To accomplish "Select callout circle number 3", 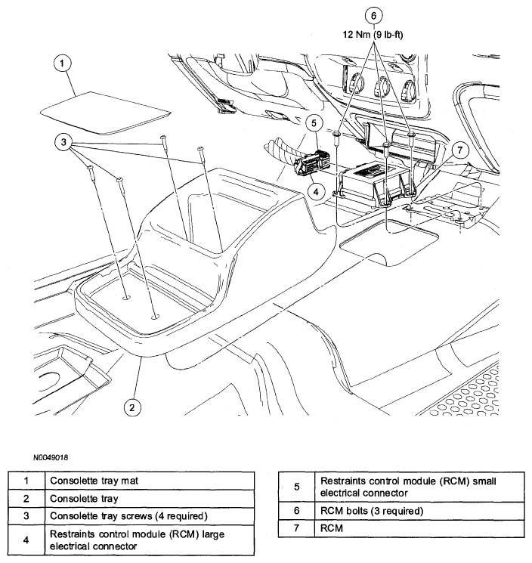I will click(x=66, y=142).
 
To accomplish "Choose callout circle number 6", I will click(x=370, y=14).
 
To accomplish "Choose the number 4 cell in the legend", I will click(x=26, y=540).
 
